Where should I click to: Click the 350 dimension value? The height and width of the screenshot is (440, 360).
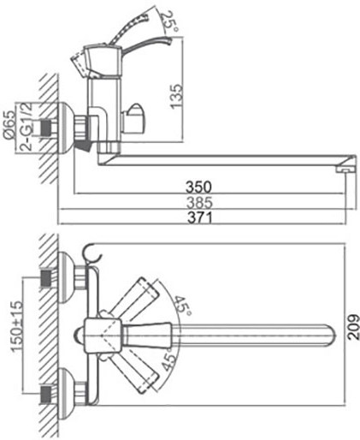(x=198, y=187)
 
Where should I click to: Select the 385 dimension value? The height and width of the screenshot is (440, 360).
(x=199, y=203)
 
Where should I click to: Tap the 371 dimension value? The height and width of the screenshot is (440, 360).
(x=200, y=218)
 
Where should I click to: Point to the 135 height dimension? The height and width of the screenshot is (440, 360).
(x=176, y=96)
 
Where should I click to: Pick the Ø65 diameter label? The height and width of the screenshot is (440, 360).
(x=9, y=125)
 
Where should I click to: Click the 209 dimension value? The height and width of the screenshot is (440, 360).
(x=353, y=327)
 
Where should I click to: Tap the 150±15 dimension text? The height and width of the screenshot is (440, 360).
(x=16, y=326)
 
